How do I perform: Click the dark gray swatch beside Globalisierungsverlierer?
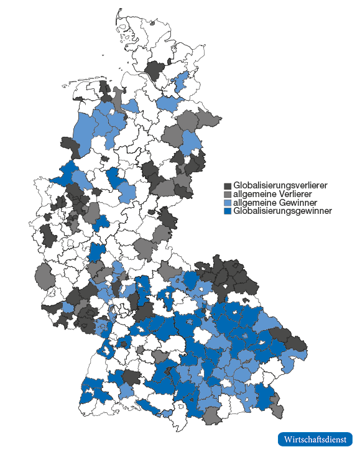(228, 186)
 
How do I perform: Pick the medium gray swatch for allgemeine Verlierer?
(228, 195)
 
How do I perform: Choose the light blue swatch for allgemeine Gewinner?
(228, 203)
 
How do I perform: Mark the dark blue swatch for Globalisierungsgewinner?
(228, 211)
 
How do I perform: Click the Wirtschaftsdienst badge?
(315, 439)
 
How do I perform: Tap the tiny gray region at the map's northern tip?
(152, 23)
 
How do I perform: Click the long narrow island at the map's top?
(116, 20)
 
